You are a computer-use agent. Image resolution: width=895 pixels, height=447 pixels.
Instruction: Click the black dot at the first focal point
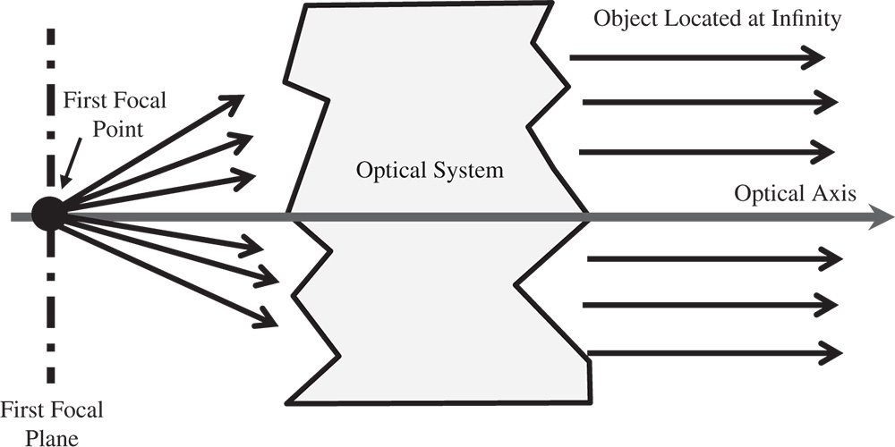click(x=49, y=213)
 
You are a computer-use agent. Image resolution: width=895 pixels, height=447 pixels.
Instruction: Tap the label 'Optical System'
click(x=430, y=170)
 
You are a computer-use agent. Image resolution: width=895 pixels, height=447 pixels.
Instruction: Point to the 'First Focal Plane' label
click(x=51, y=423)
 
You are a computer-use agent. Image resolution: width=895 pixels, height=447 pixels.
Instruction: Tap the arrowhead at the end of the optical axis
click(x=884, y=216)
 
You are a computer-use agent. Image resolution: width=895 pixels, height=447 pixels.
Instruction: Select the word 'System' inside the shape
click(x=473, y=170)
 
